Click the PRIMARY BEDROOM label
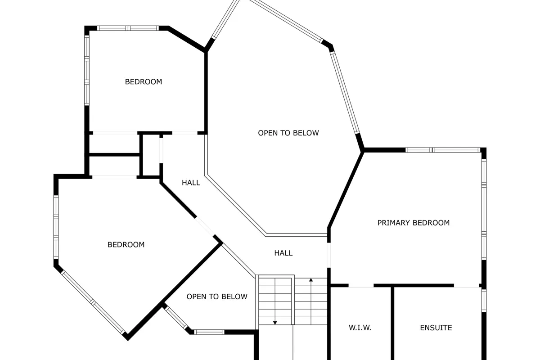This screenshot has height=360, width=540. [414, 223]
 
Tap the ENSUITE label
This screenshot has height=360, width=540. [436, 328]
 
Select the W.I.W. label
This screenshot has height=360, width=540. [360, 328]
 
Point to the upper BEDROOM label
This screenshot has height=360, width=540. [144, 82]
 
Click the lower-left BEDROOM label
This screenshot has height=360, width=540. [126, 245]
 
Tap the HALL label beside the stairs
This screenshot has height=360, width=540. [283, 253]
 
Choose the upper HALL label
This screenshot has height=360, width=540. [191, 183]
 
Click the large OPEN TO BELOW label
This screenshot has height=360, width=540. [288, 133]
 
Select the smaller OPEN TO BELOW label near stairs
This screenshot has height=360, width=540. [217, 297]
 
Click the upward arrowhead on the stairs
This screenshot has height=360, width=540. [311, 280]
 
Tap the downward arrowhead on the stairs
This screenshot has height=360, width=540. [275, 323]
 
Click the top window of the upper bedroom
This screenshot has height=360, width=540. [128, 28]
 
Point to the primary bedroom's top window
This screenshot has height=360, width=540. [443, 150]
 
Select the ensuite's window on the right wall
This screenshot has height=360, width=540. [484, 300]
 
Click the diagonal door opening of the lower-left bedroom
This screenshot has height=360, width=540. [205, 227]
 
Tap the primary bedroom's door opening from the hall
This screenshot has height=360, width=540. [329, 255]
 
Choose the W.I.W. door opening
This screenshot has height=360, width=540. [361, 285]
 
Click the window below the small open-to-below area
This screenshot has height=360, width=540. [209, 332]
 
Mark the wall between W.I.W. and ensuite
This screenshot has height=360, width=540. [392, 323]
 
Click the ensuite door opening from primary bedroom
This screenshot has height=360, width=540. [467, 286]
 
